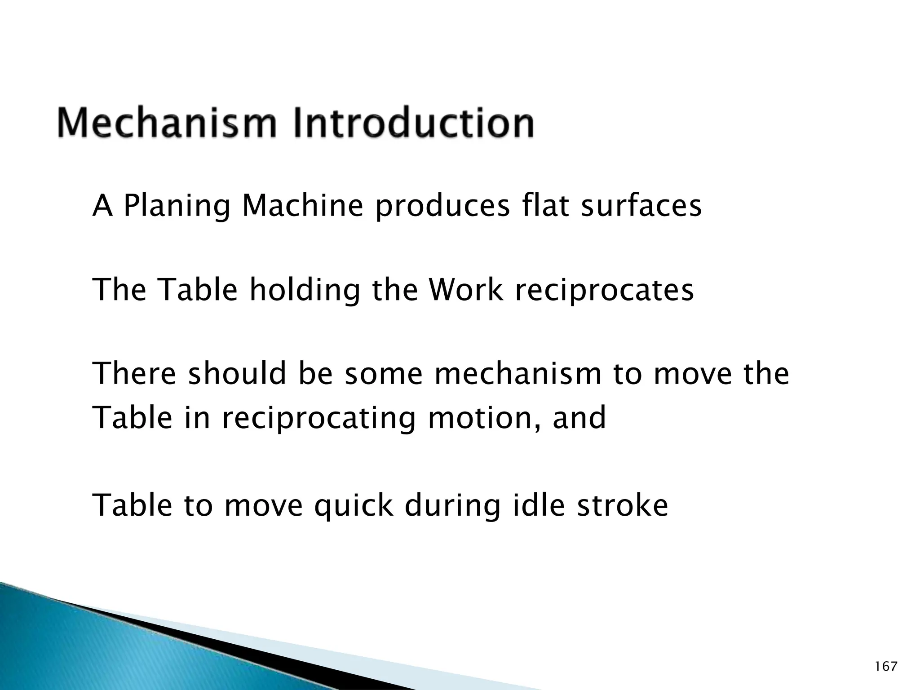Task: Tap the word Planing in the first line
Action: coord(177,206)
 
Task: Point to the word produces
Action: coord(442,206)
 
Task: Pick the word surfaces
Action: coord(641,206)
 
